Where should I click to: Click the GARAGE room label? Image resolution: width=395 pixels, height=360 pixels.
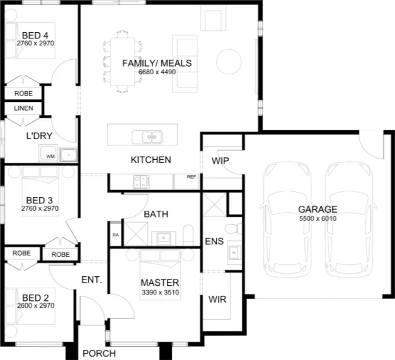point(318,209)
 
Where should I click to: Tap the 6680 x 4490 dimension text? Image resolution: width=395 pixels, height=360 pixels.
point(157,72)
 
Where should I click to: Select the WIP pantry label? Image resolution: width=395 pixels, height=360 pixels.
point(220,161)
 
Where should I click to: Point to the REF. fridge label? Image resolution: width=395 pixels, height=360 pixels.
point(192,177)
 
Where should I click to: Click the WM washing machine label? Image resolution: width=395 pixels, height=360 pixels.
point(50,156)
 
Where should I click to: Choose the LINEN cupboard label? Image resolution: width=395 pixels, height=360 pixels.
point(23,108)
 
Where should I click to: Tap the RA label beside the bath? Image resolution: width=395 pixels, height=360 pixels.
point(116,235)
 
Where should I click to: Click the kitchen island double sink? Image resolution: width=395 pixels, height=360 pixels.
point(147,137)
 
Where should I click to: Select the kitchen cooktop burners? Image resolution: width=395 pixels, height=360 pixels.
point(142,182)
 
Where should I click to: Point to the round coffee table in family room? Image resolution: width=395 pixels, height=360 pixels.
point(229,62)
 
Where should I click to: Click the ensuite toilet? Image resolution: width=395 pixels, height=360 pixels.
point(233,229)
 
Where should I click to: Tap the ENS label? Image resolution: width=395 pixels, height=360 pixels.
point(214,242)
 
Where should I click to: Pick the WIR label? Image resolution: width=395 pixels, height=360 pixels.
point(217,300)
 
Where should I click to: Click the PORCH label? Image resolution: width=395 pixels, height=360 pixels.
point(100,354)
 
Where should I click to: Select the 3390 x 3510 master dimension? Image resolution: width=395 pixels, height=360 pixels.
point(161,293)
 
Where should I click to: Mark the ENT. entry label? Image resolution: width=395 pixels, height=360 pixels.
point(92,280)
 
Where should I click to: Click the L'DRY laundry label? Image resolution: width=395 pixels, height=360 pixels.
point(39,136)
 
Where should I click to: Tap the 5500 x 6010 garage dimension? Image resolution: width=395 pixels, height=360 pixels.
point(318,218)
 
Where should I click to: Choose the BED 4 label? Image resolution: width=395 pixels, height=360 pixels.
point(35,35)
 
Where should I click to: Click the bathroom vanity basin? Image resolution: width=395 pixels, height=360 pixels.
point(164,237)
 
